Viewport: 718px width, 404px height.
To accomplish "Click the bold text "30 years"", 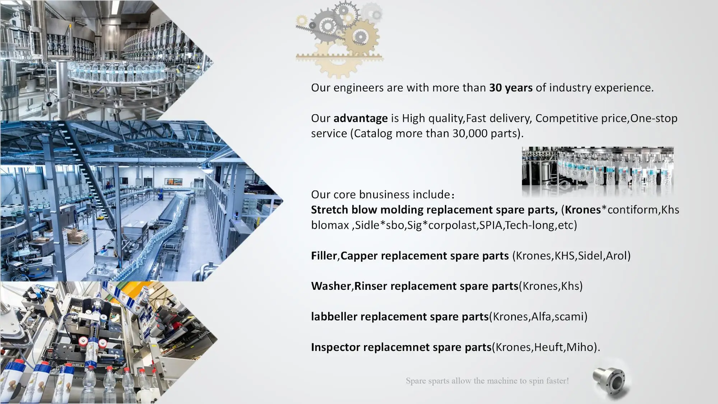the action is (510, 88).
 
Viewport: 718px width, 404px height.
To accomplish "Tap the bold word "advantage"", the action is (360, 119).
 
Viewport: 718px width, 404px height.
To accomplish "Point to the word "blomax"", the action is (330, 225).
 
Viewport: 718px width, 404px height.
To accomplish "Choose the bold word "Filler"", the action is (324, 256).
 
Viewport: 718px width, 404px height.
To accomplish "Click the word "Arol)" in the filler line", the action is (618, 256).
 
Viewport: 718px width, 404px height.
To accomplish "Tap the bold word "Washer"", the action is (331, 286).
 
